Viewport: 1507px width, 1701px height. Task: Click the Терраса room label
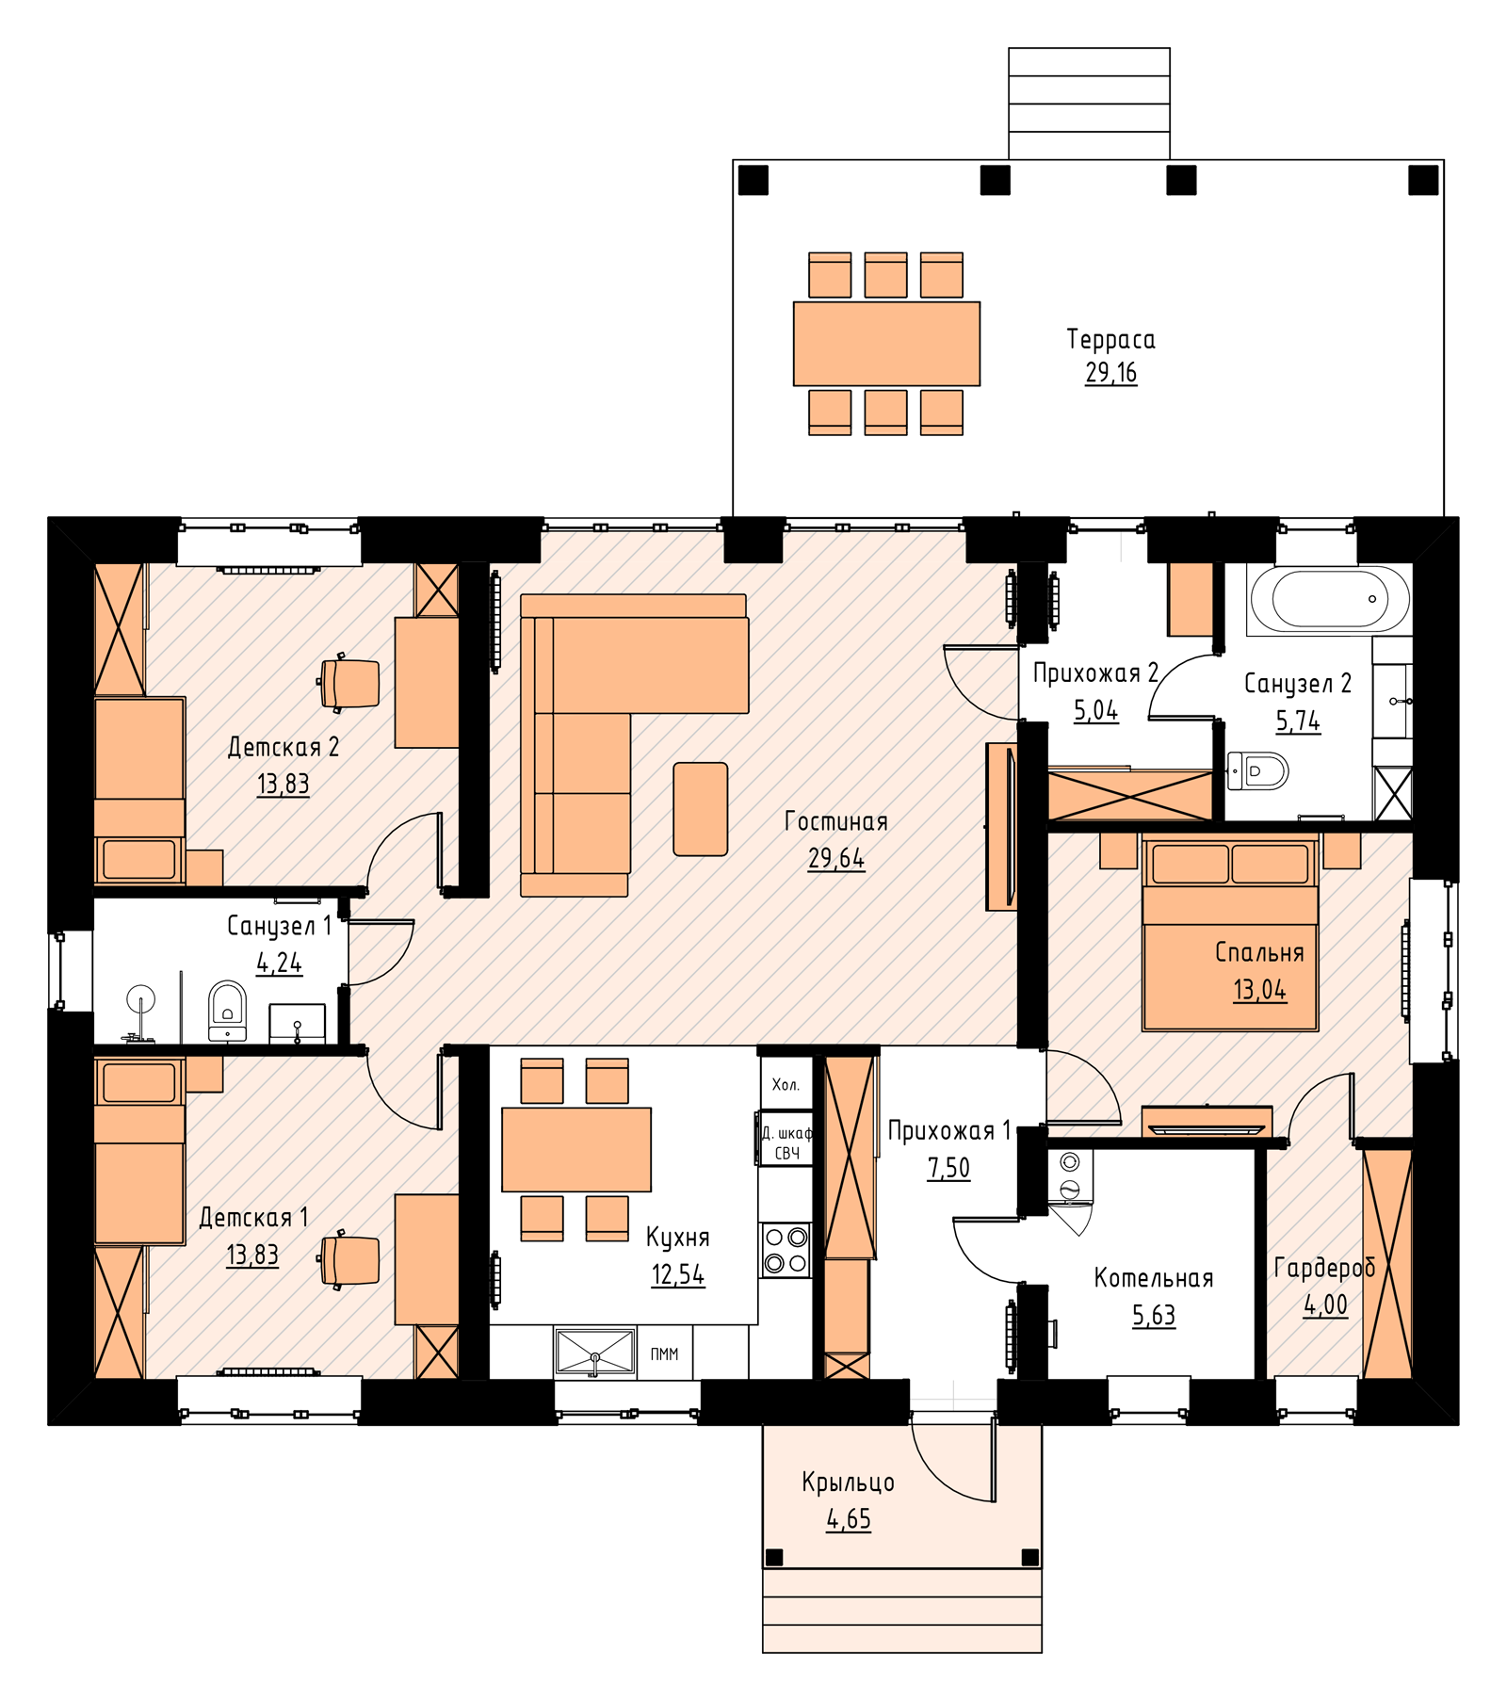point(1110,339)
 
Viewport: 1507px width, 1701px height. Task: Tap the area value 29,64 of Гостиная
point(835,858)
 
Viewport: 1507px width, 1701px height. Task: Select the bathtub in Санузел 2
point(1328,599)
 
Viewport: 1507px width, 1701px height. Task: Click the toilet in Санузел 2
point(1257,771)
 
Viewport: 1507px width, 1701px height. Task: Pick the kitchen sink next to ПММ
point(595,1353)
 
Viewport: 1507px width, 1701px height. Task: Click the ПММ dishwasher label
point(664,1354)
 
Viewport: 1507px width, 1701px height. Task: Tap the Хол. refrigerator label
point(786,1085)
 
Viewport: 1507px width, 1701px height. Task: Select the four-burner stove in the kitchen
point(786,1250)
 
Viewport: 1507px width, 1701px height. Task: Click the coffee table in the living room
point(701,809)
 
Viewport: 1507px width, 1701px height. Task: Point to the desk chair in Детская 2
point(349,682)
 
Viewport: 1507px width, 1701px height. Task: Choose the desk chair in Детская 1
point(349,1259)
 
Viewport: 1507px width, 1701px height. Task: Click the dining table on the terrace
point(886,344)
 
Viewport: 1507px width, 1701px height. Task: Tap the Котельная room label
point(1154,1278)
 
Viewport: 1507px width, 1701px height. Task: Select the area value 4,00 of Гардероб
point(1325,1304)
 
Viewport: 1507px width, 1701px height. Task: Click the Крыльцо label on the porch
point(848,1482)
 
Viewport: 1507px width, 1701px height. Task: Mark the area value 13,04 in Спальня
point(1259,990)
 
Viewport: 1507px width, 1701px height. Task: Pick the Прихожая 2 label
point(1095,672)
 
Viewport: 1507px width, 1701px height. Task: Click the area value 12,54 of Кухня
point(677,1275)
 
